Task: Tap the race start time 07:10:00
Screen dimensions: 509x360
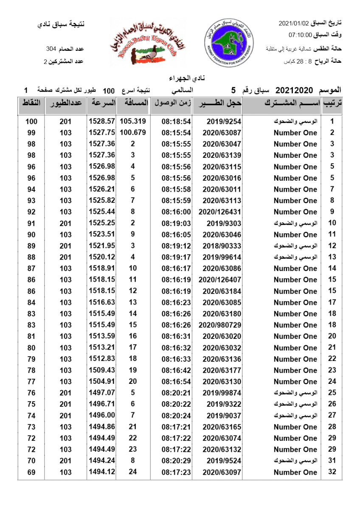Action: pyautogui.click(x=301, y=35)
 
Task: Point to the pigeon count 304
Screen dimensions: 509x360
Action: pyautogui.click(x=51, y=50)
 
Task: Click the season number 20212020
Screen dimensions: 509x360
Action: pyautogui.click(x=294, y=90)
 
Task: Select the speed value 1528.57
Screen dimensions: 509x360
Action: pyautogui.click(x=102, y=121)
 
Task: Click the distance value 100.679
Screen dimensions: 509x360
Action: pyautogui.click(x=133, y=133)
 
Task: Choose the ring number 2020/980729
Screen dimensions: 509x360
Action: pyautogui.click(x=218, y=325)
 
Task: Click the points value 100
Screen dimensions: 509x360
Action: pyautogui.click(x=31, y=121)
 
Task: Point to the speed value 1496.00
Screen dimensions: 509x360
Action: pyautogui.click(x=102, y=416)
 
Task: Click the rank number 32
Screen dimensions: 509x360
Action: pyautogui.click(x=332, y=472)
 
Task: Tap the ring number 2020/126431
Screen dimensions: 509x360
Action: pyautogui.click(x=218, y=212)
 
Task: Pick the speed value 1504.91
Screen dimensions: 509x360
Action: pyautogui.click(x=102, y=382)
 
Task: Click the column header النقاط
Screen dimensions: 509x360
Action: pyautogui.click(x=31, y=103)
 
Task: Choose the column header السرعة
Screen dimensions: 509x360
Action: pyautogui.click(x=102, y=103)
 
